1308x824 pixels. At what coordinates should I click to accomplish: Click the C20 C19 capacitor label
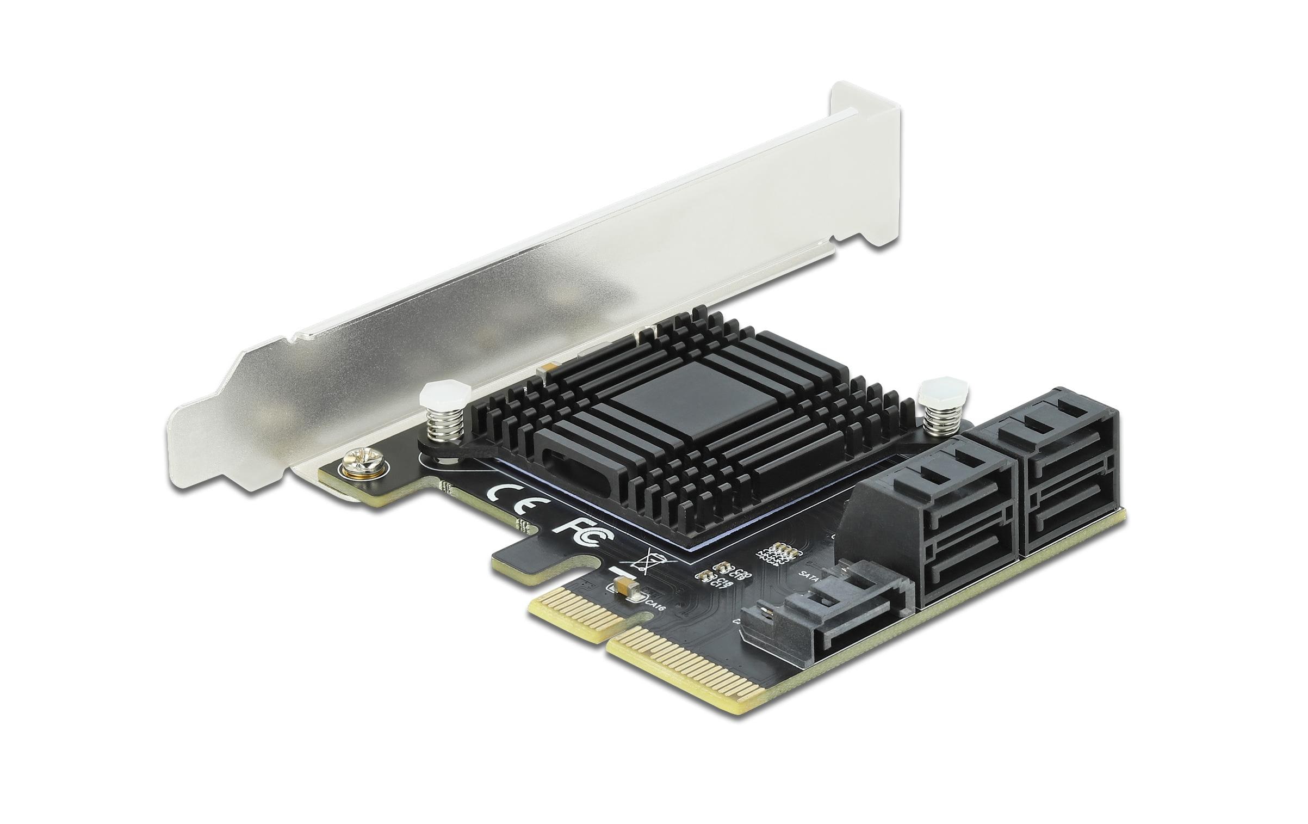[x=735, y=574]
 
